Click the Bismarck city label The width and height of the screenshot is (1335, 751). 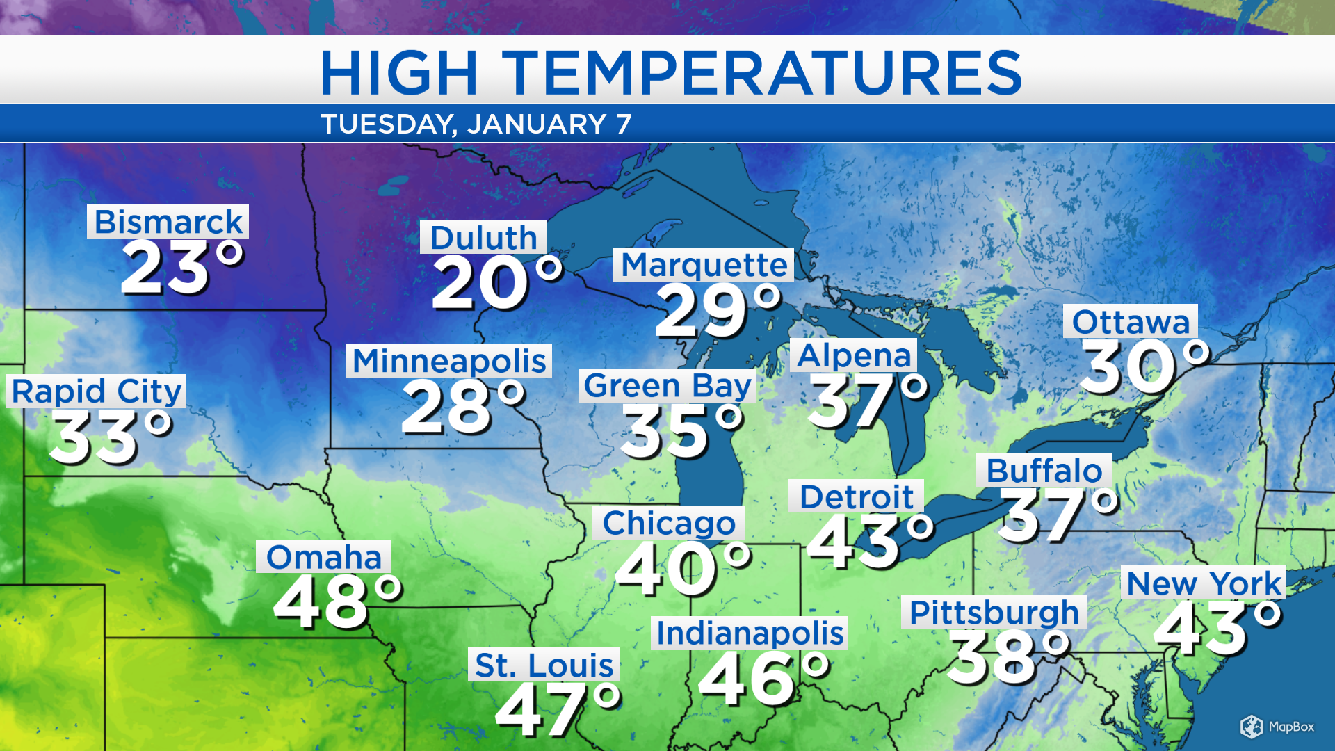(x=168, y=222)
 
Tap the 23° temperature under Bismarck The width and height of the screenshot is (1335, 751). (x=182, y=268)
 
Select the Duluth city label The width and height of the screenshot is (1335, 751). (x=483, y=237)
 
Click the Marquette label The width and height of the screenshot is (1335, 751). (x=704, y=265)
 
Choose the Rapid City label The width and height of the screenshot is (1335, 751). (x=97, y=391)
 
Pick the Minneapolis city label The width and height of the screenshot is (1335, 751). (x=449, y=361)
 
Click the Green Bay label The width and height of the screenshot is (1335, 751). (x=667, y=385)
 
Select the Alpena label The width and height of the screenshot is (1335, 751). (x=853, y=355)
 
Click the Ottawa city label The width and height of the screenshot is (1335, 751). (x=1131, y=321)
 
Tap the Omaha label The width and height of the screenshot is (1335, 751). (x=324, y=556)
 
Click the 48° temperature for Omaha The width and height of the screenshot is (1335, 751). (x=338, y=603)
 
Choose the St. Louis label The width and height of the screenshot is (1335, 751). (x=544, y=665)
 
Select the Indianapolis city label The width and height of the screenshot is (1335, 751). (x=750, y=633)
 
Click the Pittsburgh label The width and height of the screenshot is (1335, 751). (x=994, y=612)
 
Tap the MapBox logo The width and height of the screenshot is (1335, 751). (x=1277, y=727)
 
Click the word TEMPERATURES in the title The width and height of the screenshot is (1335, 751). (x=761, y=72)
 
